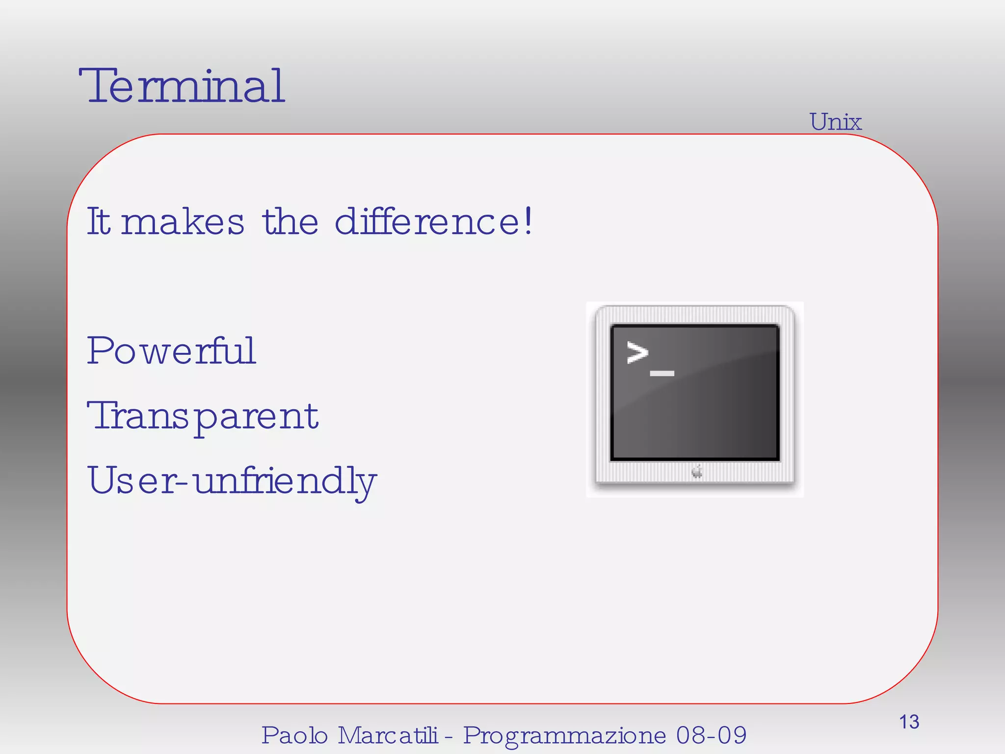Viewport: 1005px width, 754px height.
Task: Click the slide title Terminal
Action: [x=182, y=86]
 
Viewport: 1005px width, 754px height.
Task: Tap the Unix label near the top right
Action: [x=835, y=122]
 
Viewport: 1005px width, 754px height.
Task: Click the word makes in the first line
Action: [x=182, y=222]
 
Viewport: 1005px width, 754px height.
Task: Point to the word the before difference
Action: [x=290, y=222]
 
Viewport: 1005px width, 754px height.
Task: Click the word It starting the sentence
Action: [x=98, y=222]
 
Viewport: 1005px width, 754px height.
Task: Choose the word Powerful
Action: [x=171, y=351]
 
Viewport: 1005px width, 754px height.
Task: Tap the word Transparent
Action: [x=203, y=416]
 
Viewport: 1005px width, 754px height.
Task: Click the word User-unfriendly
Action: [x=232, y=481]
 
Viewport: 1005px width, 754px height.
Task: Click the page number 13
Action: [x=909, y=722]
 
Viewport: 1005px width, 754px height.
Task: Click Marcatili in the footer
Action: [x=387, y=735]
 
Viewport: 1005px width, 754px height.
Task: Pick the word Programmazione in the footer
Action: [x=564, y=735]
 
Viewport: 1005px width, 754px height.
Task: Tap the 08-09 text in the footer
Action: [x=711, y=735]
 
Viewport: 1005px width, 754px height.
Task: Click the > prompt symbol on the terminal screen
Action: [x=637, y=353]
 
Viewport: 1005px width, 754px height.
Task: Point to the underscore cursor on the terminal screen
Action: [x=662, y=374]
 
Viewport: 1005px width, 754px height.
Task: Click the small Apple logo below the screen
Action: [x=697, y=472]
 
